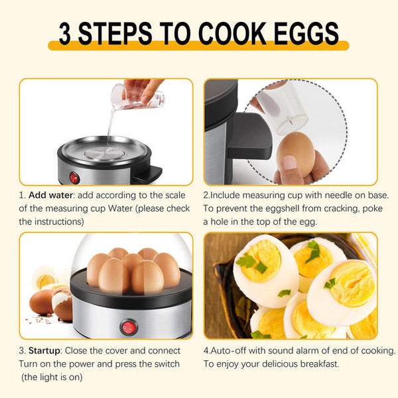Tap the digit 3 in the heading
click(64, 33)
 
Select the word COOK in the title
click(232, 33)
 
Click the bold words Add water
click(51, 195)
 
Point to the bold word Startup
click(44, 351)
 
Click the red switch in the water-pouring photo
click(74, 178)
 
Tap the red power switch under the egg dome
click(129, 328)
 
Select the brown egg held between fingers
click(295, 153)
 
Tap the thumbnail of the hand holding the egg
click(289, 163)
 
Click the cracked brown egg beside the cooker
click(62, 304)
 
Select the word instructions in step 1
click(59, 222)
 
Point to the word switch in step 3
click(166, 364)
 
